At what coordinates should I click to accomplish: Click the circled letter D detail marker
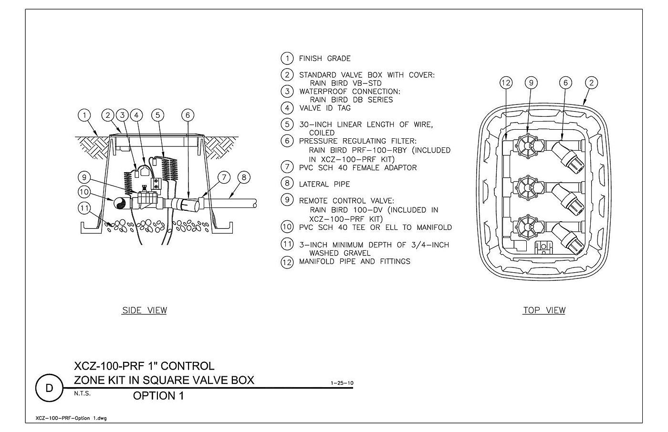tap(49, 388)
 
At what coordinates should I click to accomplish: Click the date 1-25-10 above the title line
tap(342, 383)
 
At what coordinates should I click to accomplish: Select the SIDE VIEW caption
tap(144, 310)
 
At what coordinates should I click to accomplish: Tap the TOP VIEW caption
tap(544, 310)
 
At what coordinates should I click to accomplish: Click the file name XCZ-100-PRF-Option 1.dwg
tap(71, 418)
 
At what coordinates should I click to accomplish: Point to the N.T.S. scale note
tap(82, 393)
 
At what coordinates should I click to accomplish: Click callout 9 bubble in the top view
tap(531, 83)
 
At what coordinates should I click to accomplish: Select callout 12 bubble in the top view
tap(506, 83)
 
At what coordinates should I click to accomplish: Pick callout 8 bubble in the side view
tap(244, 177)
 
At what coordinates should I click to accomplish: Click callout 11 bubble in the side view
tap(84, 208)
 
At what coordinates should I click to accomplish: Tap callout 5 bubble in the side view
tap(158, 115)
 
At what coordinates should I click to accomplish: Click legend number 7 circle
tap(287, 166)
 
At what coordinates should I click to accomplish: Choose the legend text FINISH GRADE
tap(325, 59)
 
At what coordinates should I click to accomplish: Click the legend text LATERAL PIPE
tap(324, 184)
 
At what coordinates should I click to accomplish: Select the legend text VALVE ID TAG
tap(325, 108)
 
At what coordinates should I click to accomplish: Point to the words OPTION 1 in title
tap(158, 396)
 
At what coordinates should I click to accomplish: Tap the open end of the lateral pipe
tap(255, 204)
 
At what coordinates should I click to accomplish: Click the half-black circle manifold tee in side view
tap(120, 204)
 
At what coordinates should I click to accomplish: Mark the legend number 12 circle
tap(287, 262)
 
